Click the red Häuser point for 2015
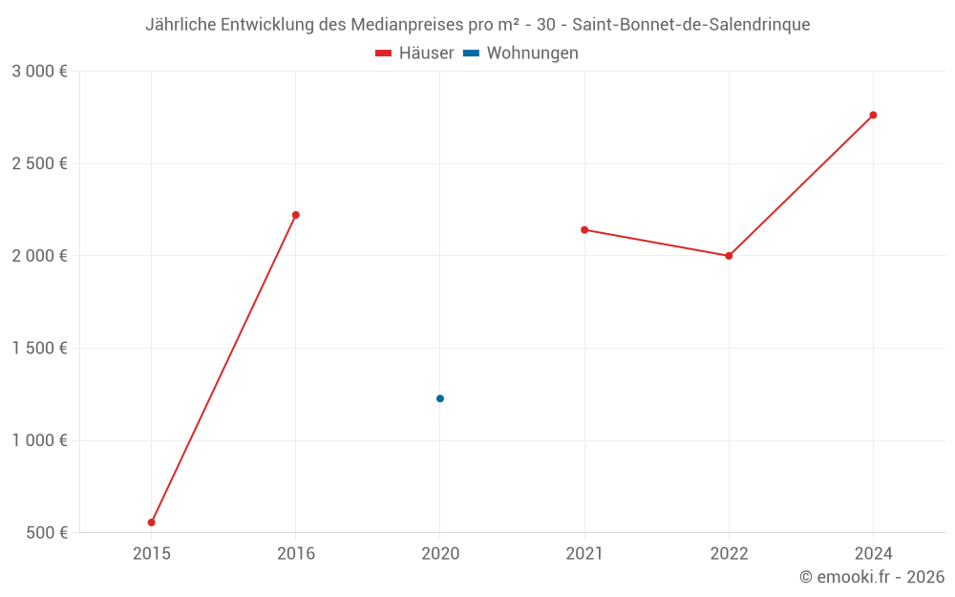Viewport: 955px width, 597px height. pyautogui.click(x=151, y=522)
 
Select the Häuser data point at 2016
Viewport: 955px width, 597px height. pyautogui.click(x=296, y=215)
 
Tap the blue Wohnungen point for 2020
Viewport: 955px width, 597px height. pyautogui.click(x=440, y=398)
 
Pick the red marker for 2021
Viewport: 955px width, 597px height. pyautogui.click(x=584, y=229)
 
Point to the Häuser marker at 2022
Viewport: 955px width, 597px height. pyautogui.click(x=729, y=256)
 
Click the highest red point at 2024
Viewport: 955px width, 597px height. pyautogui.click(x=873, y=116)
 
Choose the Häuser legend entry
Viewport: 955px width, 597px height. pyautogui.click(x=415, y=53)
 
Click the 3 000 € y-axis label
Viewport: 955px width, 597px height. pyautogui.click(x=39, y=72)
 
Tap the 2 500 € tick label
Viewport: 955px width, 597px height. pyautogui.click(x=39, y=163)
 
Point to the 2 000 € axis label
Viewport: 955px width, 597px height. pyautogui.click(x=39, y=256)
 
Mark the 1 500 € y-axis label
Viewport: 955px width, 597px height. pyautogui.click(x=39, y=349)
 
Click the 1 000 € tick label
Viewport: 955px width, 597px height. pyautogui.click(x=39, y=440)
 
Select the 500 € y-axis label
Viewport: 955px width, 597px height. pyautogui.click(x=45, y=533)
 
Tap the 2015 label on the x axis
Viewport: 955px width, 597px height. pyautogui.click(x=151, y=553)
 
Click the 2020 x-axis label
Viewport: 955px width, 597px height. pyautogui.click(x=440, y=553)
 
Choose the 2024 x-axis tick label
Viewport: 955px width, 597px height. pyautogui.click(x=873, y=553)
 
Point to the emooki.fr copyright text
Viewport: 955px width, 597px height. pyautogui.click(x=871, y=577)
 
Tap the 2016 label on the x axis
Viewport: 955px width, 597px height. pyautogui.click(x=296, y=553)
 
